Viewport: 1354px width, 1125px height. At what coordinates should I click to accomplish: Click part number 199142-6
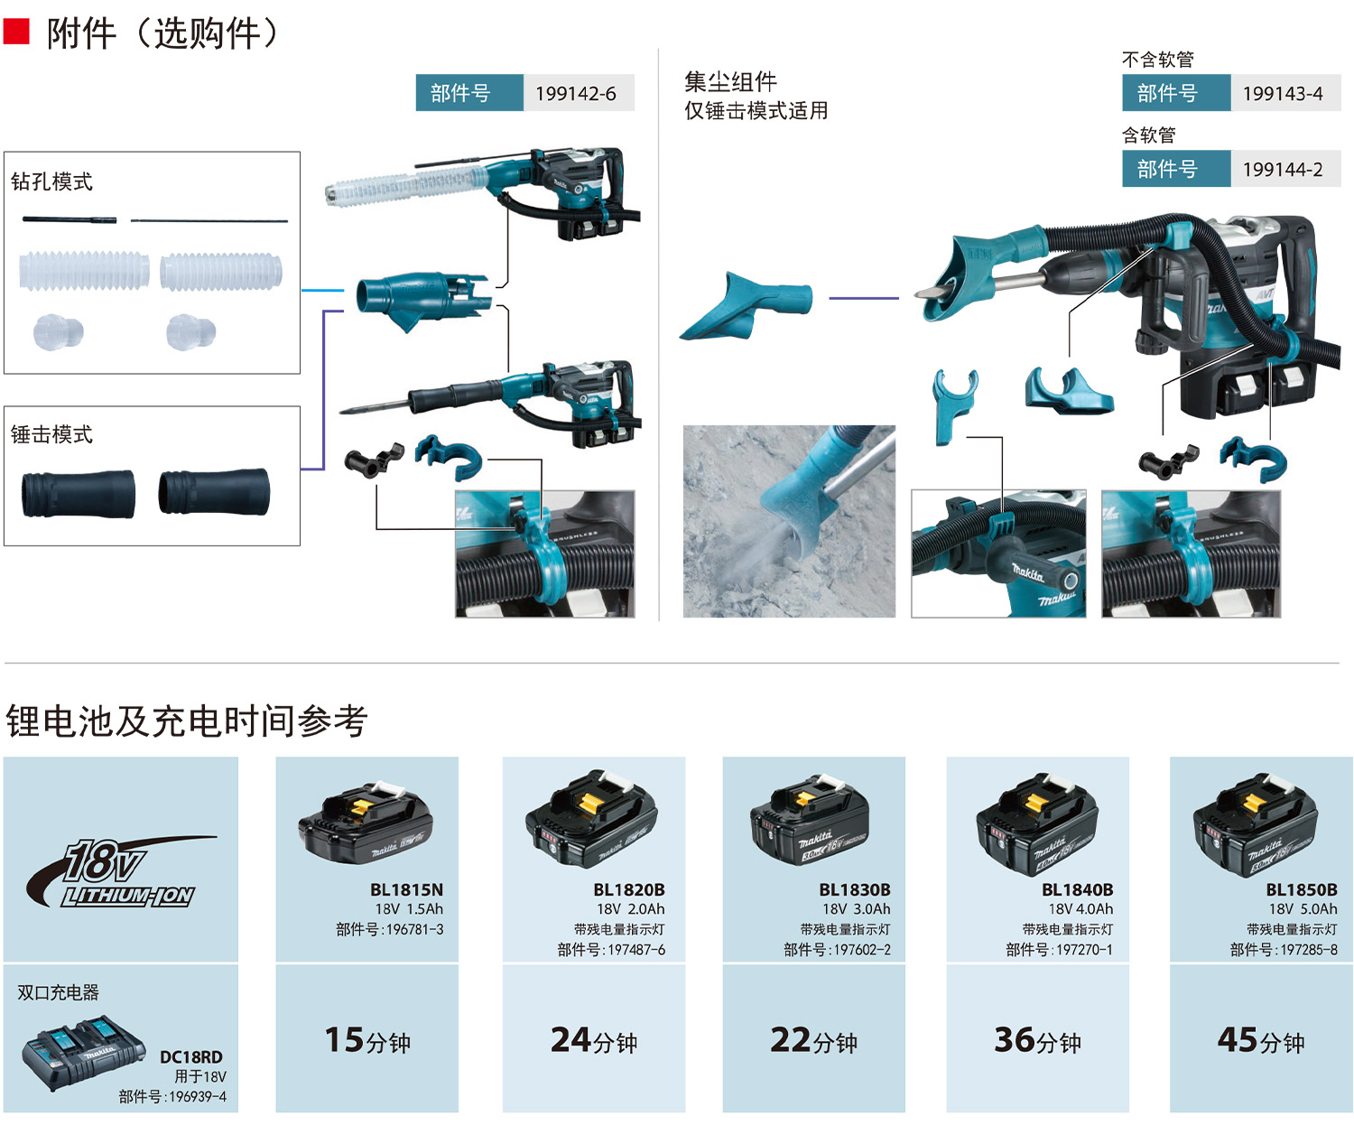tap(575, 93)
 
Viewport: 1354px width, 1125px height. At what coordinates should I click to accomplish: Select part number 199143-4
tap(1283, 93)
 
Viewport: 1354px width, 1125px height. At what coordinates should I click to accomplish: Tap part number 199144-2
tap(1283, 169)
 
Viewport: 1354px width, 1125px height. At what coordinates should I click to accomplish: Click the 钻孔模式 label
tap(52, 181)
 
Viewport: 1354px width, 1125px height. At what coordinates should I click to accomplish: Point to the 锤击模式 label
tap(52, 434)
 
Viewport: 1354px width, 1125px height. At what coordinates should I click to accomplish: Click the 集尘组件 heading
tap(730, 81)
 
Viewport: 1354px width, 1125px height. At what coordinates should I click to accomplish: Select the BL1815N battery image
tap(366, 823)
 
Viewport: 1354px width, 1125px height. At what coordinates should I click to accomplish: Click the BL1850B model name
tap(1301, 889)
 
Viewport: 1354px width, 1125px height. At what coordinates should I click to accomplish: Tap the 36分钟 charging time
tap(1037, 1040)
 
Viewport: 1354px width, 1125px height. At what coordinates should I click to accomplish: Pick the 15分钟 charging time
tap(367, 1040)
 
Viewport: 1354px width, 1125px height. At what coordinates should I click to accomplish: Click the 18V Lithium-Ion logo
tap(122, 872)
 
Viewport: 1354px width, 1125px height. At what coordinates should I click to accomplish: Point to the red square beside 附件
tap(16, 33)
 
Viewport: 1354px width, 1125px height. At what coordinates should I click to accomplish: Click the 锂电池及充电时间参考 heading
tap(187, 721)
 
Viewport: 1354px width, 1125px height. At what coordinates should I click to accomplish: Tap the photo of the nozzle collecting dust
tap(789, 521)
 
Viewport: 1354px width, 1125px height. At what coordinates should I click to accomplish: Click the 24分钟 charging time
tap(594, 1040)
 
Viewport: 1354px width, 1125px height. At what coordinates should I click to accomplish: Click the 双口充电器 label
tap(59, 992)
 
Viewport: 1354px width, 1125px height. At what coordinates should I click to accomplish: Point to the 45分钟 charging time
tap(1261, 1040)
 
